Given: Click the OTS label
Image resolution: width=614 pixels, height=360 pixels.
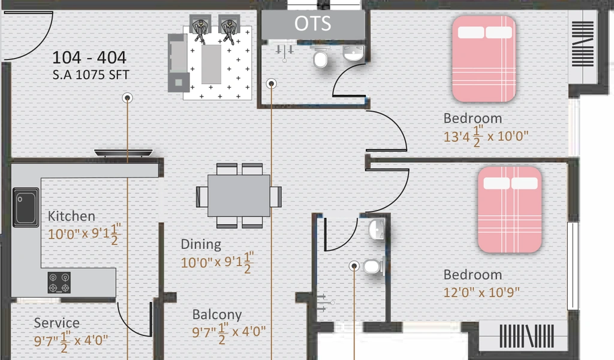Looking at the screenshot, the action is pos(312,23).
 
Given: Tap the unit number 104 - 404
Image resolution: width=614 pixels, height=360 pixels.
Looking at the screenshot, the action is pos(89,58).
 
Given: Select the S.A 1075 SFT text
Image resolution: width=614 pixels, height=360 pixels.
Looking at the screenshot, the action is pos(91,75).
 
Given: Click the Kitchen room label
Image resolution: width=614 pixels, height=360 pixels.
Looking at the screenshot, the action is pos(71,216).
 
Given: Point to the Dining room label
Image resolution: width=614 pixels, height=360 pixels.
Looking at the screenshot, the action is pos(201,244).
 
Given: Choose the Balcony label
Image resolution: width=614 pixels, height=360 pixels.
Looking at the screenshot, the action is pos(217,315).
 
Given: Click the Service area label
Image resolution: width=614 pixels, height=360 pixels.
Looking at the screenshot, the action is pos(56,323).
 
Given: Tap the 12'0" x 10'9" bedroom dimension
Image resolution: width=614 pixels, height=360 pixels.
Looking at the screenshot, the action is pos(481,292).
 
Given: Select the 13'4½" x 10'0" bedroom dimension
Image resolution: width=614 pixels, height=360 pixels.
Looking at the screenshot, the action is pos(486,136).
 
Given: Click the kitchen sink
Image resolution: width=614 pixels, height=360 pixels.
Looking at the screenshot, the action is pos(26,207).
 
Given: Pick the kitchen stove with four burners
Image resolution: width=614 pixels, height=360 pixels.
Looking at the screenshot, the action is pos(59,283).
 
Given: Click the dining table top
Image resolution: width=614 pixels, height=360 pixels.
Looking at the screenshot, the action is pos(239,196).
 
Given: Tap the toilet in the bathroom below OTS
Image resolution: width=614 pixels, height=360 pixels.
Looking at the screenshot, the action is pos(321,59).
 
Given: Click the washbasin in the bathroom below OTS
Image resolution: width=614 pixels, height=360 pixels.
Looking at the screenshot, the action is pos(353,53).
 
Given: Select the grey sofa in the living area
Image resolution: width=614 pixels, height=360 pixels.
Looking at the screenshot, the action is pos(177,62).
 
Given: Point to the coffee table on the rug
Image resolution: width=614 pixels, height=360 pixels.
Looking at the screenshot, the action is pos(211,64).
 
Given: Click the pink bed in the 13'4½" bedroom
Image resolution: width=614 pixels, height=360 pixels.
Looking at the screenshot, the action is pos(484,59).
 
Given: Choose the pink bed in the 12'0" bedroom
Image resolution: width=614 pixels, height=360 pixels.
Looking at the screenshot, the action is pos(510,209).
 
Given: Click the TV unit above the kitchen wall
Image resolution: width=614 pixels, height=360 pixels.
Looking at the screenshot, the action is pos(124,153).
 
